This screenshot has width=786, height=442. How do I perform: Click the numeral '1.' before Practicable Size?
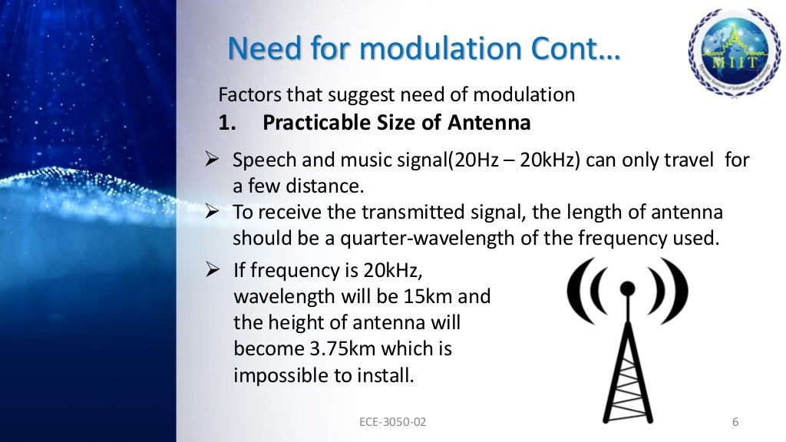230,122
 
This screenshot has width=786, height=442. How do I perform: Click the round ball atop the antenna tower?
627,289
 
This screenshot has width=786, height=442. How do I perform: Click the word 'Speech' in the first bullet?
261,161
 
